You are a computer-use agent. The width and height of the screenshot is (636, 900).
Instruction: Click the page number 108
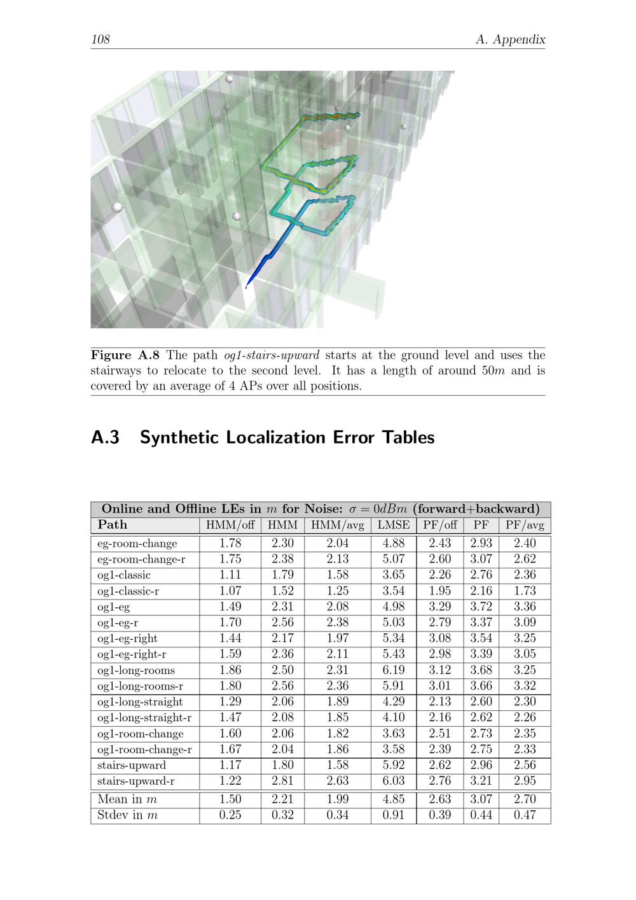[100, 39]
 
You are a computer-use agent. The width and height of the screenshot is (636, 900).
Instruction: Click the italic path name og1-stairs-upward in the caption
[272, 355]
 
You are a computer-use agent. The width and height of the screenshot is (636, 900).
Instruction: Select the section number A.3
[106, 438]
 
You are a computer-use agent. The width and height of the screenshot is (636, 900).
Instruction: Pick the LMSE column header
[394, 525]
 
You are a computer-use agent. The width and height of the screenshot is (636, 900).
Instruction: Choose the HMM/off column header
[230, 525]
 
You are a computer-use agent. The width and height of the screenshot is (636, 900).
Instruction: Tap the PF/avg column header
[525, 525]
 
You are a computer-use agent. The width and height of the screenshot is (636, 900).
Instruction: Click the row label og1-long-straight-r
[144, 718]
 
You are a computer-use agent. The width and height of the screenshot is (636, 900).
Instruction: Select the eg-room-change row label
[137, 544]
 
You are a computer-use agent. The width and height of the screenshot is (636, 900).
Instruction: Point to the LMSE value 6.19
[394, 670]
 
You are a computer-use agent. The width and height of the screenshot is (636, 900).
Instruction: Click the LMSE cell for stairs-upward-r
[394, 781]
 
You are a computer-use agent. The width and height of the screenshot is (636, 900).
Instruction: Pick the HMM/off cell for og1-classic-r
[230, 591]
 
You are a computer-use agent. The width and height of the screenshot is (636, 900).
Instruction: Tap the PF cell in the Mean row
[481, 799]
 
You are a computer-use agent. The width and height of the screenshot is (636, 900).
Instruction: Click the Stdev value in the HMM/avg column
[338, 815]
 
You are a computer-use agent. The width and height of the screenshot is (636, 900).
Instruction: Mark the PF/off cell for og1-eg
[440, 607]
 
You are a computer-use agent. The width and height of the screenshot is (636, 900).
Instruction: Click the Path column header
[113, 525]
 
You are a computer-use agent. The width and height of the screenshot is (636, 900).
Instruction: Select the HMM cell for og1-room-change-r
[282, 749]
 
